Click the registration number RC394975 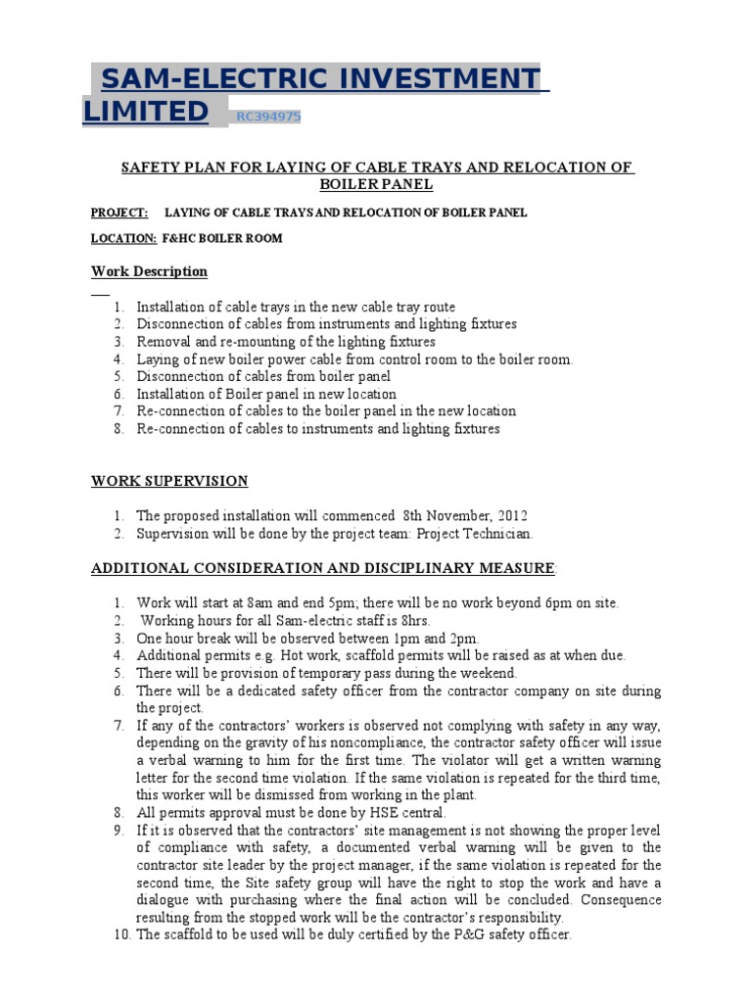click(x=268, y=118)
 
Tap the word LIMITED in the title click(x=146, y=113)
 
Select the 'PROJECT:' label click(x=119, y=213)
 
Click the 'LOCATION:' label click(x=123, y=238)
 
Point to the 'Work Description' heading click(x=149, y=271)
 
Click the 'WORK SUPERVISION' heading click(x=169, y=481)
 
